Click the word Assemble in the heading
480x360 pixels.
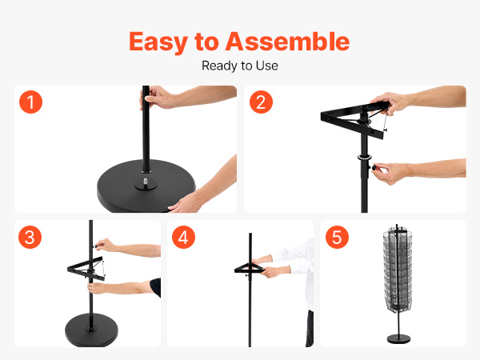pos(287,42)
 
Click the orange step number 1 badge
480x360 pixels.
pos(30,102)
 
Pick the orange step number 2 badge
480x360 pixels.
pos(261,102)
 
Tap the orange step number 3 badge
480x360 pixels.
pos(30,238)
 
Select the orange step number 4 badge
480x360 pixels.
pos(183,238)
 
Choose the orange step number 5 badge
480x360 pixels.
pos(337,238)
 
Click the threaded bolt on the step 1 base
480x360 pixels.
pos(146,181)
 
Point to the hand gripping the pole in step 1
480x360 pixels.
pos(157,97)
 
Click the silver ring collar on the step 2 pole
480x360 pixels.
pos(364,158)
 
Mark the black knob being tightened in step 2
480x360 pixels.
pos(374,167)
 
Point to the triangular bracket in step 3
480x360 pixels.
pos(86,269)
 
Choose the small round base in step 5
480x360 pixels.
pos(398,338)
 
